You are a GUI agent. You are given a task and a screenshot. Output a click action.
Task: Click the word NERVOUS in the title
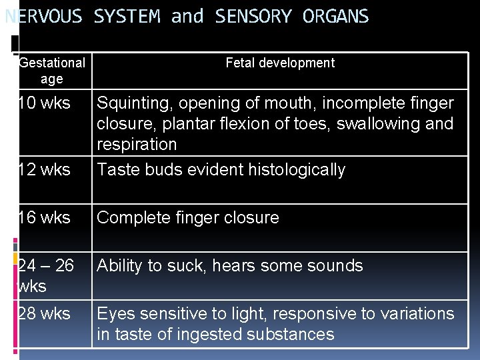[x=43, y=17]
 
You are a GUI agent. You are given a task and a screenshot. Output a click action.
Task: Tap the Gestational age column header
[x=52, y=71]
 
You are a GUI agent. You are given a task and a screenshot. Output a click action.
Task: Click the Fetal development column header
[x=280, y=63]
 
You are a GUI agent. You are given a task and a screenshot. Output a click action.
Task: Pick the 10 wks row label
[x=43, y=103]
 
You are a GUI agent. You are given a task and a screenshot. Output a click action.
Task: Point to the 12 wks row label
[x=43, y=170]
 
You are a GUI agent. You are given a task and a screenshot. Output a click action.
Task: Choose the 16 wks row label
[x=43, y=218]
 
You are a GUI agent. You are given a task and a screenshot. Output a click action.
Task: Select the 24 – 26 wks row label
[x=45, y=275]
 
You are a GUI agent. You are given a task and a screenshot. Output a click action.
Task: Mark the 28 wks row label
[x=43, y=313]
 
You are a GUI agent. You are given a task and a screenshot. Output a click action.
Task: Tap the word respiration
[x=137, y=145]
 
